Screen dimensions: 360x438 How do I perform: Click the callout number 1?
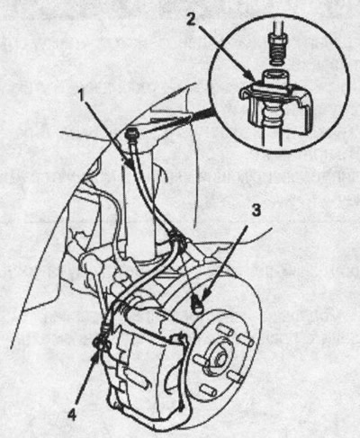(81, 95)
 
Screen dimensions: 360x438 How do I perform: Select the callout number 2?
(192, 19)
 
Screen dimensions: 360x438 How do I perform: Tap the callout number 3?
(256, 210)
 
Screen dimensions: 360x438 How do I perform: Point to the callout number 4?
(71, 415)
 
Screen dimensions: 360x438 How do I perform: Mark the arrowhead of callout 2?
(250, 76)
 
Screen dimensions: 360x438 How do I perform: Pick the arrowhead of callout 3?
(204, 295)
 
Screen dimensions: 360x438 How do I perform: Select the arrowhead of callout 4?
(95, 353)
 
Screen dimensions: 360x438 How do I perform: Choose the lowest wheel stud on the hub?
(208, 390)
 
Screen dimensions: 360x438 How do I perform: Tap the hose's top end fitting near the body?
(132, 133)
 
